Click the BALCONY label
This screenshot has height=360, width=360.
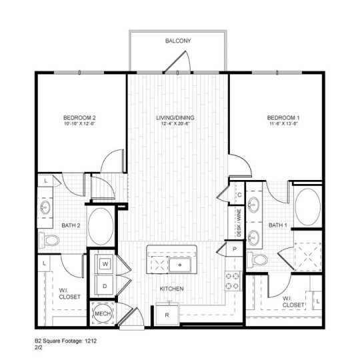tap(178, 41)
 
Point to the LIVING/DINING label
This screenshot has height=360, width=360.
tap(173, 118)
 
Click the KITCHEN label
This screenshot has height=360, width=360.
tap(171, 289)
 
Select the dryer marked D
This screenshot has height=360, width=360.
tap(105, 286)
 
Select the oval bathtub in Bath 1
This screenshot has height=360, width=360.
tap(307, 207)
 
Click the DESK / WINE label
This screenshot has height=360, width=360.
tap(238, 223)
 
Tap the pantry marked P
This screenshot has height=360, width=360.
tap(235, 249)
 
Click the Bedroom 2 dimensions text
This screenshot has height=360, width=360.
tap(81, 124)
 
